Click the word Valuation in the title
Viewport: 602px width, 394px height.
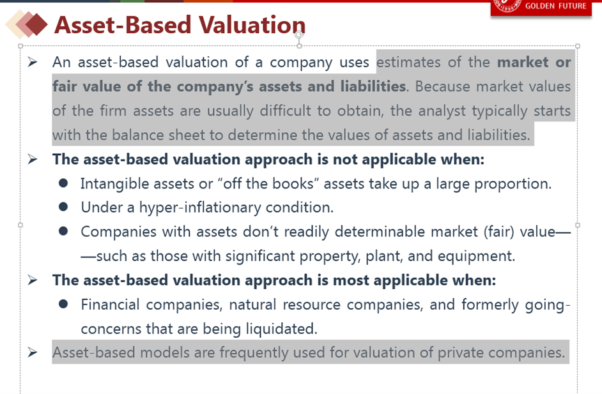click(x=252, y=25)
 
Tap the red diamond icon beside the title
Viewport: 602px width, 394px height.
click(x=36, y=24)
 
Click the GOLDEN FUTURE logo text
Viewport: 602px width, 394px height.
click(x=555, y=6)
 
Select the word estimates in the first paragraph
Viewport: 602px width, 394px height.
click(x=408, y=62)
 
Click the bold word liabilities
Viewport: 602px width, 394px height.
click(x=373, y=86)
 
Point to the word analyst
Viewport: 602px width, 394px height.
click(x=442, y=111)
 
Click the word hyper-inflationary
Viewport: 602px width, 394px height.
click(x=200, y=208)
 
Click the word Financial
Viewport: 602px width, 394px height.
click(x=110, y=305)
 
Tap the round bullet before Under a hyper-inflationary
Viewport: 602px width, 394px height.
click(x=63, y=207)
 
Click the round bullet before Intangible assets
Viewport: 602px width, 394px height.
click(x=63, y=183)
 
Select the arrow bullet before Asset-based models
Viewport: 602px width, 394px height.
click(x=33, y=352)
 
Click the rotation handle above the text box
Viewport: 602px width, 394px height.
click(x=299, y=35)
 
